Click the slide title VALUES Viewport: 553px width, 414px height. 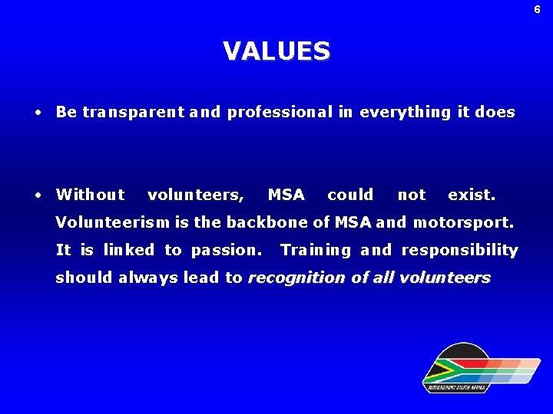click(276, 51)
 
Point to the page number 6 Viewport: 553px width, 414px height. click(538, 9)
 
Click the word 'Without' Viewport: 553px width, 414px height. click(90, 195)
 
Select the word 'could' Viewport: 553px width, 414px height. click(350, 195)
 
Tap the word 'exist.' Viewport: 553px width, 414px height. click(472, 195)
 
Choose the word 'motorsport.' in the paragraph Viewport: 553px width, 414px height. click(463, 223)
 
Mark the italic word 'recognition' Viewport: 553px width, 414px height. click(296, 278)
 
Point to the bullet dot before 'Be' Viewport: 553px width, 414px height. click(38, 113)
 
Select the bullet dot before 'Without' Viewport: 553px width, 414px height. click(38, 195)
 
